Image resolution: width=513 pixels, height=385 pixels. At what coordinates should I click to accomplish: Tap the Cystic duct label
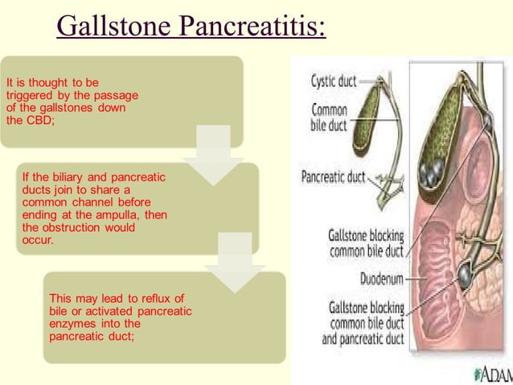334,81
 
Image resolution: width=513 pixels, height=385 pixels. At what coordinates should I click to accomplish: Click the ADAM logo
492,374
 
